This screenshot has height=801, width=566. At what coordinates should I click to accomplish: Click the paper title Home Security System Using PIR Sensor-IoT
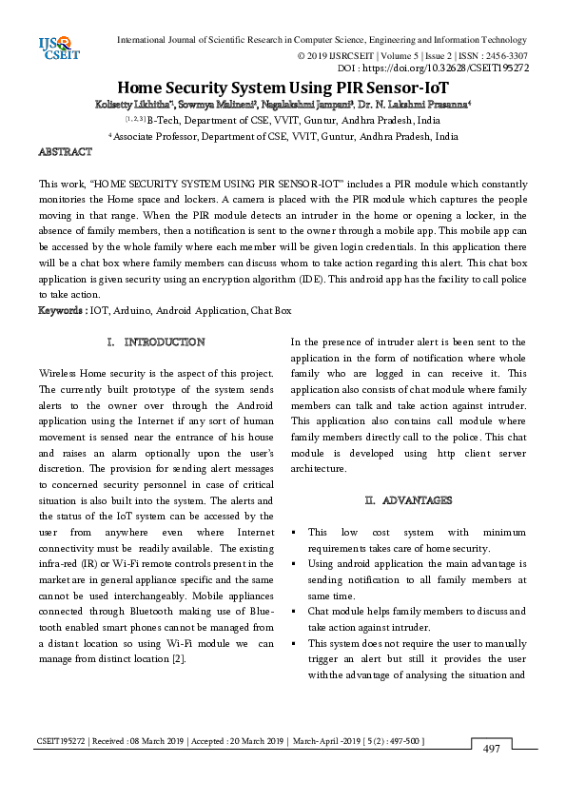pyautogui.click(x=283, y=88)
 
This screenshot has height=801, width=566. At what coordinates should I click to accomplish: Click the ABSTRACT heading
pyautogui.click(x=65, y=152)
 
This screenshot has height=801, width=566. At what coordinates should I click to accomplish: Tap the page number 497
pyautogui.click(x=492, y=750)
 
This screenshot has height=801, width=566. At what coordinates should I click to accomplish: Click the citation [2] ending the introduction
pyautogui.click(x=179, y=657)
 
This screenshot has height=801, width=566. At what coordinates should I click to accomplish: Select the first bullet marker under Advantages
pyautogui.click(x=296, y=532)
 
